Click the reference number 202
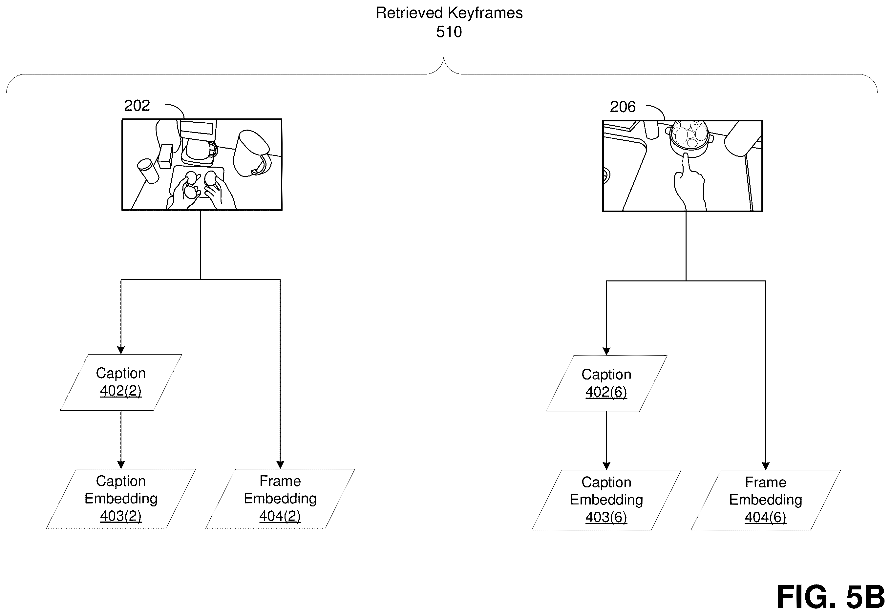[137, 105]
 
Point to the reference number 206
[622, 107]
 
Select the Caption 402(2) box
[121, 382]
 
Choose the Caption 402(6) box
[606, 383]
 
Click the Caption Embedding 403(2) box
[121, 499]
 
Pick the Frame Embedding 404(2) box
[280, 499]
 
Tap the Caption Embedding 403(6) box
[606, 500]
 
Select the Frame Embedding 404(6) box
[766, 500]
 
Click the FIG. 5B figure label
[831, 597]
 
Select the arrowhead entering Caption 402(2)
[121, 350]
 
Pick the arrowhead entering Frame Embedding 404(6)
[766, 466]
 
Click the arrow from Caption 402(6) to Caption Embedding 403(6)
[606, 441]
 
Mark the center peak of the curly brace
[444, 57]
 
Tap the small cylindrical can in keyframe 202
[148, 171]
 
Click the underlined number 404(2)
[280, 516]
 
